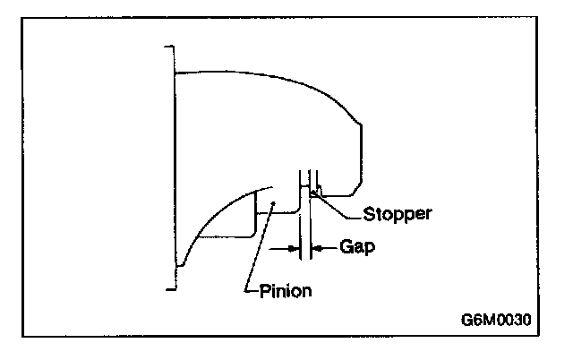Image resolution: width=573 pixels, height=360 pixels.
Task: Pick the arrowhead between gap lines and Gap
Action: [318, 246]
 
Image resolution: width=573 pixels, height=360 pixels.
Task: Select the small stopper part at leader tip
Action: [313, 191]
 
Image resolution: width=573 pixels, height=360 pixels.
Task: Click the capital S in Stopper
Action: [370, 215]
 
